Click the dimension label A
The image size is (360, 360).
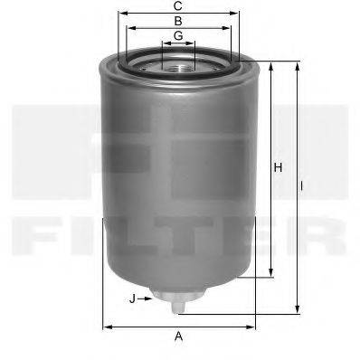pos(179,337)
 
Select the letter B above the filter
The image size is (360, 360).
pos(178,20)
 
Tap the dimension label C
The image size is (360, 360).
pos(178,6)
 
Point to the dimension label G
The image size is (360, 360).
pos(178,34)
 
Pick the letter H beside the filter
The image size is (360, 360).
pos(279,167)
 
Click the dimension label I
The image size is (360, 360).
pos(301,186)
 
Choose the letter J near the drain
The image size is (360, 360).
pos(132,298)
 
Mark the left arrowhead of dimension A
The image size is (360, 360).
pos(107,326)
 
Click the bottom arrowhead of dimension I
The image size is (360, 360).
pos(295,310)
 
